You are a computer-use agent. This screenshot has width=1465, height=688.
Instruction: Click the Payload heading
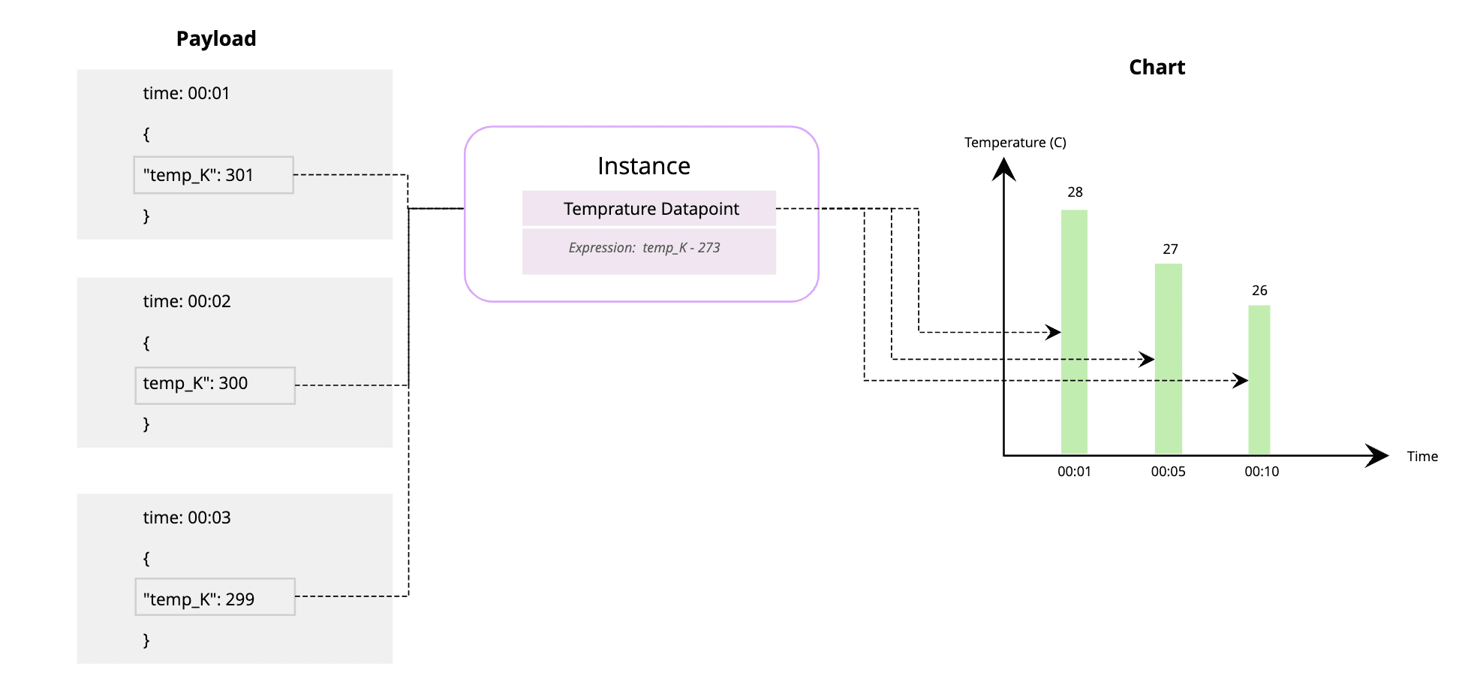pos(216,39)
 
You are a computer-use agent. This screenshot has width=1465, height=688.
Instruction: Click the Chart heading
pos(1157,68)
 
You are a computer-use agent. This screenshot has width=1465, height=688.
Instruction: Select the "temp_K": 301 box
pos(213,175)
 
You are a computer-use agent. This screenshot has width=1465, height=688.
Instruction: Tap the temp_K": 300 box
pos(215,385)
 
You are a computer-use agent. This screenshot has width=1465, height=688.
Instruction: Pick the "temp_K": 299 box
pos(215,597)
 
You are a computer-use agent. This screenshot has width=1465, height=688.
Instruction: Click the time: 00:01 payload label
pos(186,93)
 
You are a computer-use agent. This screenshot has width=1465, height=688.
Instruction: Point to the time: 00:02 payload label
pos(187,301)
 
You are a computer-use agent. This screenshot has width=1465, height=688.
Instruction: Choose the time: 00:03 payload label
pos(187,518)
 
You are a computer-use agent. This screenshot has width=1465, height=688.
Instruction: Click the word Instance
pos(643,166)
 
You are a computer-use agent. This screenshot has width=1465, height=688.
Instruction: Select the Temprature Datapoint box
pos(649,209)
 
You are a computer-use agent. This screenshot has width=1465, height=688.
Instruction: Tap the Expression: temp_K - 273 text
pos(644,248)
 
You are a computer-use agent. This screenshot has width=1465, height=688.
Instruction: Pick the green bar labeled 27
pos(1168,359)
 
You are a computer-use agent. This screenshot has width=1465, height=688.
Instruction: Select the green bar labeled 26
pos(1259,380)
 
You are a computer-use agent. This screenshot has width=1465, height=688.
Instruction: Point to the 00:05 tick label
pos(1168,472)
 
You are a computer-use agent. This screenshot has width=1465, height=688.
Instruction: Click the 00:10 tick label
pos(1262,472)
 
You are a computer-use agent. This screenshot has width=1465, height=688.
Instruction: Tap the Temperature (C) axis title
pos(1015,143)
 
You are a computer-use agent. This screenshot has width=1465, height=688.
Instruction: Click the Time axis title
pos(1422,457)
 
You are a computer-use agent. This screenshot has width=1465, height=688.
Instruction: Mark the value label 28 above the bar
pos(1075,192)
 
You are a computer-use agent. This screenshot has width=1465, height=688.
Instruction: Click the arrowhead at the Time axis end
pos(1377,455)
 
